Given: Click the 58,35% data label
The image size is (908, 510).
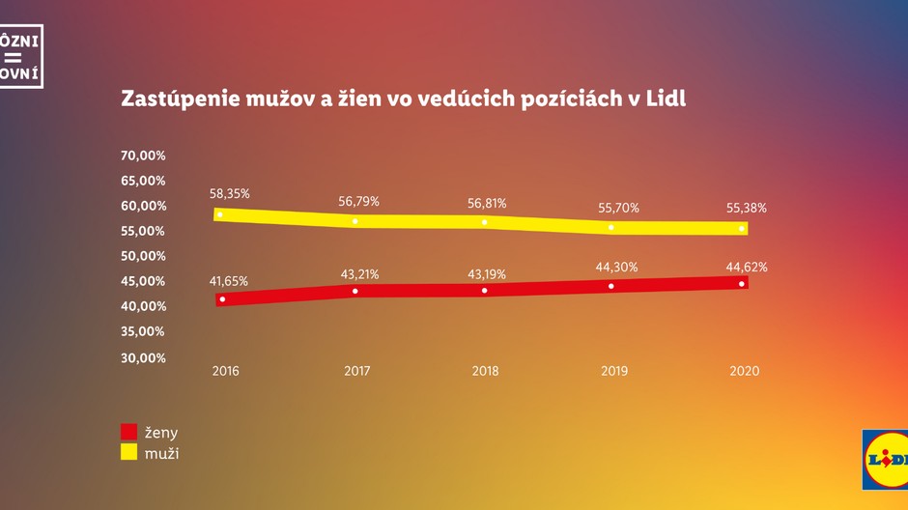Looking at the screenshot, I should click(230, 193).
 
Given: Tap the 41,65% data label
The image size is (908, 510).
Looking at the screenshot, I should click(229, 281).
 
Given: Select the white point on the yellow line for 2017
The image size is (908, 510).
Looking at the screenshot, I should click(355, 221).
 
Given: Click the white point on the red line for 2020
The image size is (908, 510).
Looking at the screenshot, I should click(742, 284).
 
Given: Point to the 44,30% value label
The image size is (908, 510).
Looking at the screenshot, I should click(618, 268).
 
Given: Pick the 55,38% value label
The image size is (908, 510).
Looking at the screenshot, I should click(747, 208).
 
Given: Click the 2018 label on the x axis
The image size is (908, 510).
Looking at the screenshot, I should click(485, 371).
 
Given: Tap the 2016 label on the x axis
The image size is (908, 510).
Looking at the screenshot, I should click(225, 371).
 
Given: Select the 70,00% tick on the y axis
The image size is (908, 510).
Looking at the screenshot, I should click(143, 156).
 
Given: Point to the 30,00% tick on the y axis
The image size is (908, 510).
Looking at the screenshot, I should click(143, 357).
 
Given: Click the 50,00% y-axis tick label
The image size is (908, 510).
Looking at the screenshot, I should click(143, 256).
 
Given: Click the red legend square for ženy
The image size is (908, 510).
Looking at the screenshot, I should click(129, 432).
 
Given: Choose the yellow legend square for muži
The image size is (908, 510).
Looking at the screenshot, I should click(129, 451).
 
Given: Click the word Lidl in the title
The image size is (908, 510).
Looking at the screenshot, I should click(664, 99).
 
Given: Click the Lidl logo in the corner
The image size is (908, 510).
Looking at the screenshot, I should click(887, 459).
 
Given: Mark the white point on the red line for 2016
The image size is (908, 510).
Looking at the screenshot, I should click(222, 299).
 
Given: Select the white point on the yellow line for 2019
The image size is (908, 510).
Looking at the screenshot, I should click(611, 227).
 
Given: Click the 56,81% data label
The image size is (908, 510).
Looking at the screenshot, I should click(487, 203).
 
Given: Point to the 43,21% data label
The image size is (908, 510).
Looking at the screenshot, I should click(359, 274).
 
